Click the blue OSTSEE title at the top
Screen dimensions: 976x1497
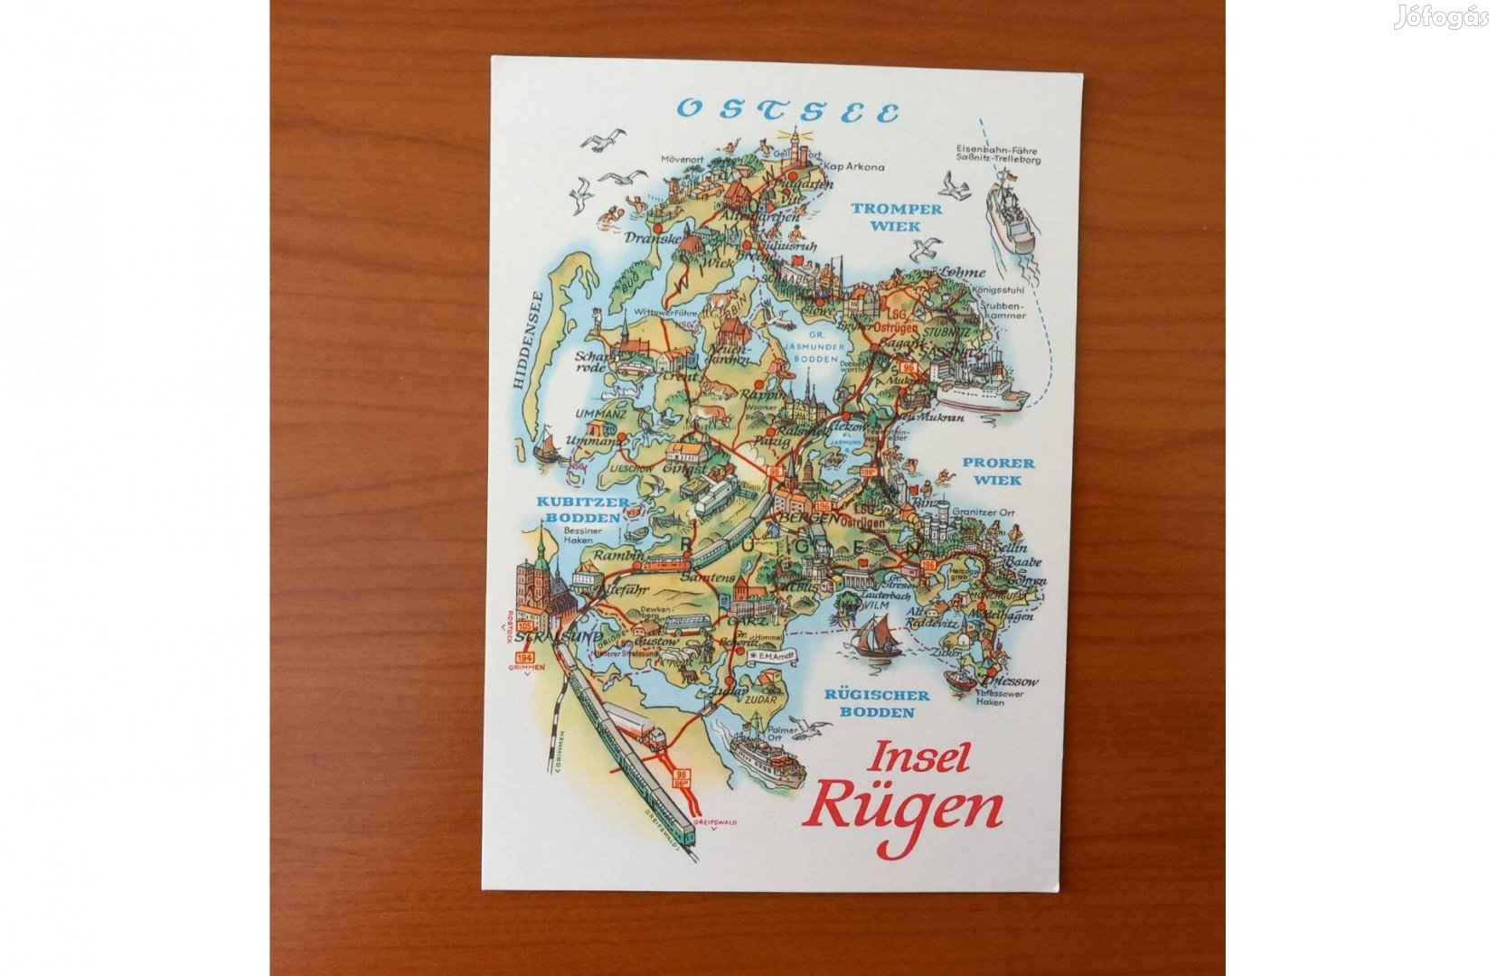pos(788,110)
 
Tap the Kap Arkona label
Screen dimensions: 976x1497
pos(852,167)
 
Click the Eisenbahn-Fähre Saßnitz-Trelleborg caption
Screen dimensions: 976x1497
pos(997,155)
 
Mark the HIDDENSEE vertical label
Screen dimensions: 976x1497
pos(521,340)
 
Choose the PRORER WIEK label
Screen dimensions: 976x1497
pos(997,471)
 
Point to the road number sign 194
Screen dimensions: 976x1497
pos(524,657)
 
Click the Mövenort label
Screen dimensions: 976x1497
pos(682,159)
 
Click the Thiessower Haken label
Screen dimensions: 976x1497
pos(990,698)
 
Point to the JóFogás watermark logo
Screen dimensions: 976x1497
pos(1440,17)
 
